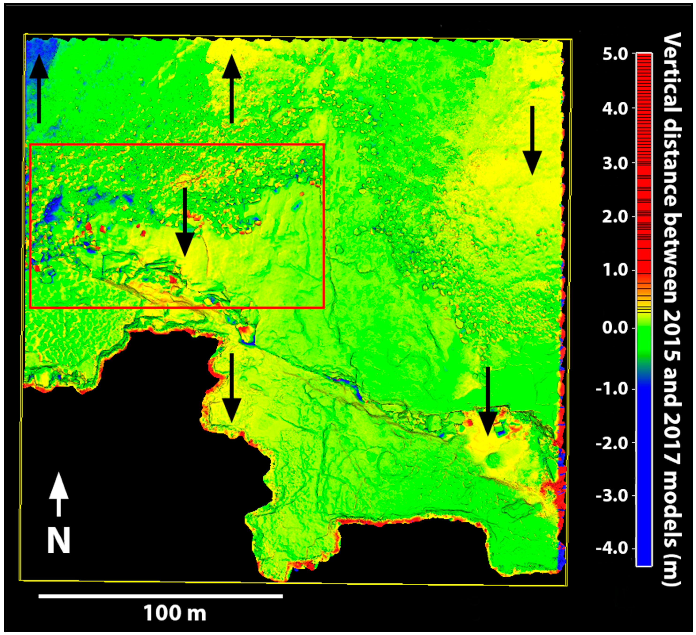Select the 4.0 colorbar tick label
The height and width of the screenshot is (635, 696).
615,109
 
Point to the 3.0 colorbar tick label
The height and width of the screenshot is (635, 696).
615,163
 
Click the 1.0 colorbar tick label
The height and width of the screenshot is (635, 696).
615,271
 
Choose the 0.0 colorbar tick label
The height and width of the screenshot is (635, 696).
615,327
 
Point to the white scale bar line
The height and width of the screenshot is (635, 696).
160,596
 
